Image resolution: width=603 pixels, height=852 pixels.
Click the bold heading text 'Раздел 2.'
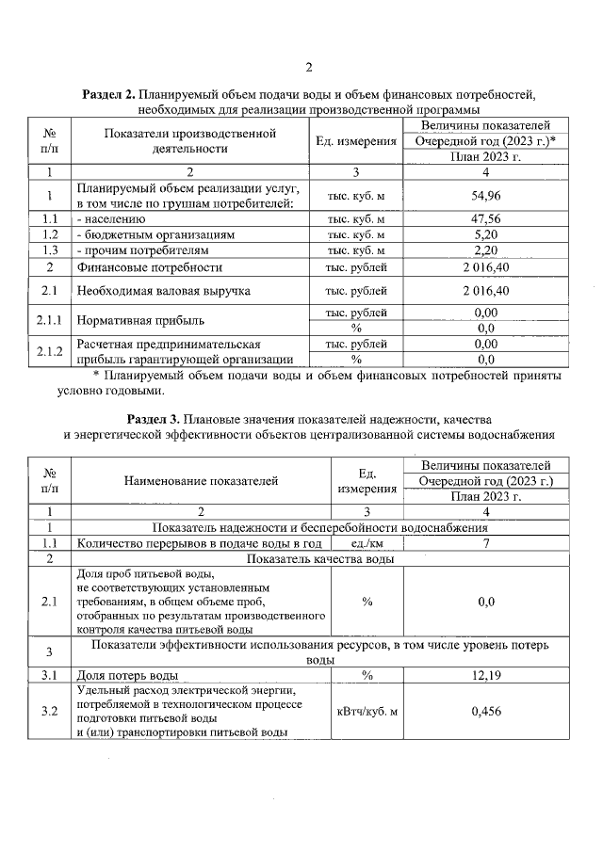click(108, 95)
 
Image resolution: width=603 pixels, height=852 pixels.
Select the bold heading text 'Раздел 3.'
click(153, 417)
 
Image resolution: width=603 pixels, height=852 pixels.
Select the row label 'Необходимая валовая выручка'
click(164, 291)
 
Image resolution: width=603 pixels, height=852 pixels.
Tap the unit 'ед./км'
click(367, 543)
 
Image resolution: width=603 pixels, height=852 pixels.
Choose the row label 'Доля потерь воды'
click(127, 675)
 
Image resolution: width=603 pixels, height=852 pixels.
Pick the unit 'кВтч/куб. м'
click(367, 711)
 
